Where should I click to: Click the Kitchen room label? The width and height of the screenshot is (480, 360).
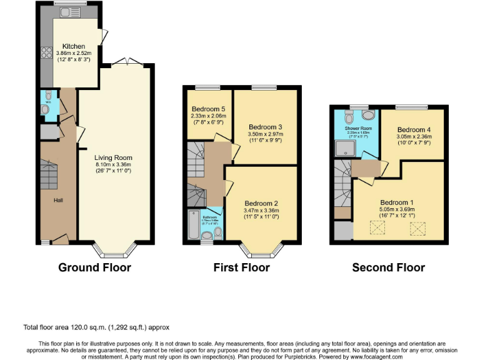coord(73,46)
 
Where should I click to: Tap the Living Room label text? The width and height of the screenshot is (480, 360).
coord(113,157)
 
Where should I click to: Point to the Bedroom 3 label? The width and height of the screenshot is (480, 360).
coord(266,126)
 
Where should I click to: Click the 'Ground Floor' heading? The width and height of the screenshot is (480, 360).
coord(94,267)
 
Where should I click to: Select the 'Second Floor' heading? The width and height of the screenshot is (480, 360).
coord(388,267)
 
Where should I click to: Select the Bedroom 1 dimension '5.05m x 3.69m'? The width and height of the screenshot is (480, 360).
coord(397,209)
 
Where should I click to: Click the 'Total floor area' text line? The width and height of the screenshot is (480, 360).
coord(96,327)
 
